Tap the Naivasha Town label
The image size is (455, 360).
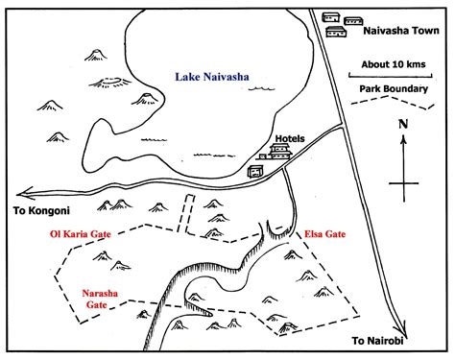tap(398, 31)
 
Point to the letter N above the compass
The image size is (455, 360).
tap(403, 124)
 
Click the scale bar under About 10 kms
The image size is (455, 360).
tap(393, 75)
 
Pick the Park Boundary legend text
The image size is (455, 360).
tap(394, 89)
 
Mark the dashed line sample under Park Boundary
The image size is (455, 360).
tap(394, 102)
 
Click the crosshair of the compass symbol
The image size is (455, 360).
tap(404, 182)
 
